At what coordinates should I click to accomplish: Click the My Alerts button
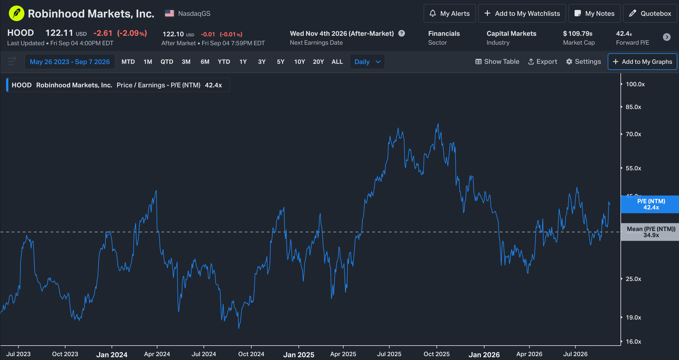450,13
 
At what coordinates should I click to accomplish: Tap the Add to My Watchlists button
522,13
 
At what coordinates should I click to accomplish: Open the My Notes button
594,13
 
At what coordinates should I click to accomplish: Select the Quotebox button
650,13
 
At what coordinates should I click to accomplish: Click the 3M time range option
186,62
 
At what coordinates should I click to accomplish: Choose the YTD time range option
224,62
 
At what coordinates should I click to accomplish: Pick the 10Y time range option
300,62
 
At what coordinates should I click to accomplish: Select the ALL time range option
337,62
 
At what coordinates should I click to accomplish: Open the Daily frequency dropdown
367,62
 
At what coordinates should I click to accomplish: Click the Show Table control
497,62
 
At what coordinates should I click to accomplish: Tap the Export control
543,62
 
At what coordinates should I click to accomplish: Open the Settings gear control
584,62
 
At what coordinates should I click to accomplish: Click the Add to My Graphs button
642,62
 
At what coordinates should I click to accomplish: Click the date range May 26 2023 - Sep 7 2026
70,62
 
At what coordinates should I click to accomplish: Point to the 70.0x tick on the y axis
633,134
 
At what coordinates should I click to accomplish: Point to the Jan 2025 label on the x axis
299,354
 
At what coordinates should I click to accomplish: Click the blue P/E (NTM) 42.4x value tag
650,204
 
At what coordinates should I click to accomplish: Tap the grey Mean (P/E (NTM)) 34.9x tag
650,232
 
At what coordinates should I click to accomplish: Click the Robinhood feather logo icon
16,13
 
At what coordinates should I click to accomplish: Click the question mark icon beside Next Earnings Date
402,33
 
